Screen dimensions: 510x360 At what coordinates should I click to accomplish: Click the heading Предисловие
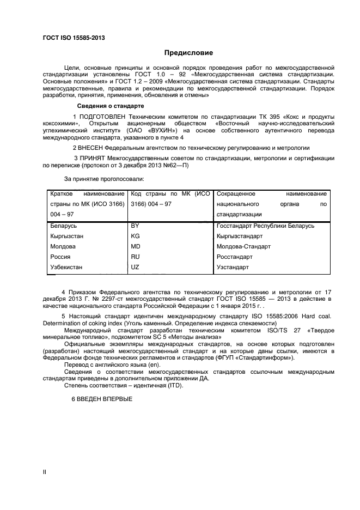click(x=189, y=53)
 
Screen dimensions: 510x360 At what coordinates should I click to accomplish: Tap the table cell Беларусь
click(x=63, y=226)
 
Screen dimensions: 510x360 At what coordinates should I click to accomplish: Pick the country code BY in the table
click(x=135, y=226)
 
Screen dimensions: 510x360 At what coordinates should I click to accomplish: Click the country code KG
click(x=136, y=236)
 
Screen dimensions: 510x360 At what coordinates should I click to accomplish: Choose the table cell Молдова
click(x=63, y=246)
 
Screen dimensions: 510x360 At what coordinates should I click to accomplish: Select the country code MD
click(x=136, y=246)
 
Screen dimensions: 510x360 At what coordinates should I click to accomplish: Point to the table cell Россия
click(x=60, y=257)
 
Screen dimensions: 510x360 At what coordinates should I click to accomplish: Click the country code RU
click(x=136, y=257)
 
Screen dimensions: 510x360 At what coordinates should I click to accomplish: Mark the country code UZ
click(x=135, y=267)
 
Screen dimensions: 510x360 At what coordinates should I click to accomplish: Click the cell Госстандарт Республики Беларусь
click(x=265, y=226)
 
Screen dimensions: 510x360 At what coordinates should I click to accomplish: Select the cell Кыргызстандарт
click(x=239, y=236)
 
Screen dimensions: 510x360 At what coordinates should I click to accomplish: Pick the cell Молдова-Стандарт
click(x=243, y=246)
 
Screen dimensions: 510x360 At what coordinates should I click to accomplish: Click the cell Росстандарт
click(x=234, y=257)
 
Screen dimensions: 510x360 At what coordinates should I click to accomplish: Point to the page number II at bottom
click(x=45, y=472)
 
